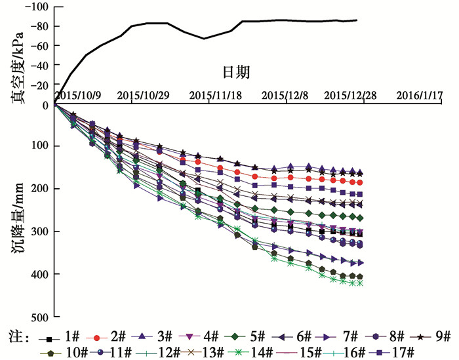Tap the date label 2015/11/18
tap(216, 94)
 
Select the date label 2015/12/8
tap(285, 94)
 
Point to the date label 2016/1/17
tap(420, 94)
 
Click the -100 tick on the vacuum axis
tap(37, 7)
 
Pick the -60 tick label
tap(40, 46)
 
